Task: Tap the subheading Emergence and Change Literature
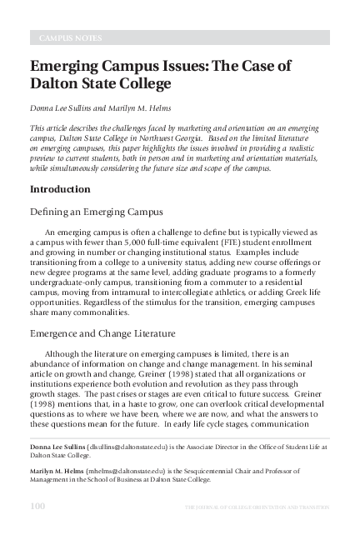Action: click(102, 333)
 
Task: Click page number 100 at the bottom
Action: click(37, 507)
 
